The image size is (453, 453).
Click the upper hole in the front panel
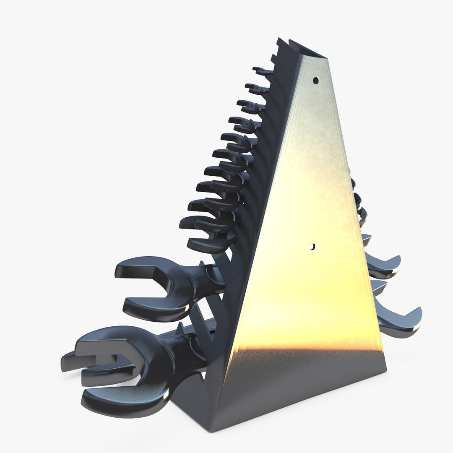pos(315,80)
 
